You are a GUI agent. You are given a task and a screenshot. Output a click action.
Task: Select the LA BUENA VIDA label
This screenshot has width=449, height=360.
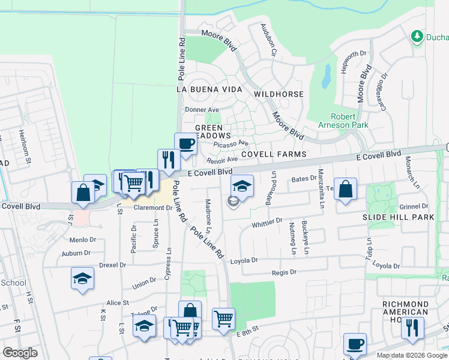click(209, 89)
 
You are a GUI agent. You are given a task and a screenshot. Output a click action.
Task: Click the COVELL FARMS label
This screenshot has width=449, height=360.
click(274, 154)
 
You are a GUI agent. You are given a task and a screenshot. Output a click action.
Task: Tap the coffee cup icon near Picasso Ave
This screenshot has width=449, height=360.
click(185, 144)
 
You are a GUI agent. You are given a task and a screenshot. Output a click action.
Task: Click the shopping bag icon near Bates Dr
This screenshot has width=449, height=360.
click(345, 189)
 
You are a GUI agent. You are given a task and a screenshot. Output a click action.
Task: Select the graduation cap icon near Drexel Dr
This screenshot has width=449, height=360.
click(82, 278)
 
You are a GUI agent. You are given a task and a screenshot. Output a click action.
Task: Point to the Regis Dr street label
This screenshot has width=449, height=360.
click(284, 272)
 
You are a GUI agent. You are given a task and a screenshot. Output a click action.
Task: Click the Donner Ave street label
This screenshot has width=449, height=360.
click(202, 110)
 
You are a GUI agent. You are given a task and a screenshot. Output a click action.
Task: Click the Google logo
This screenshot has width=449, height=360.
click(19, 353)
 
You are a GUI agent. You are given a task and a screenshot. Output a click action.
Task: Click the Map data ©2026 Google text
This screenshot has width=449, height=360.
click(412, 355)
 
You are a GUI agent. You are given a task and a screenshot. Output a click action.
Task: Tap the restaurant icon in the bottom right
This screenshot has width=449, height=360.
click(412, 328)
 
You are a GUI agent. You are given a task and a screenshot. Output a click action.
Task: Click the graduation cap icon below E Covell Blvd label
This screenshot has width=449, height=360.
click(242, 185)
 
